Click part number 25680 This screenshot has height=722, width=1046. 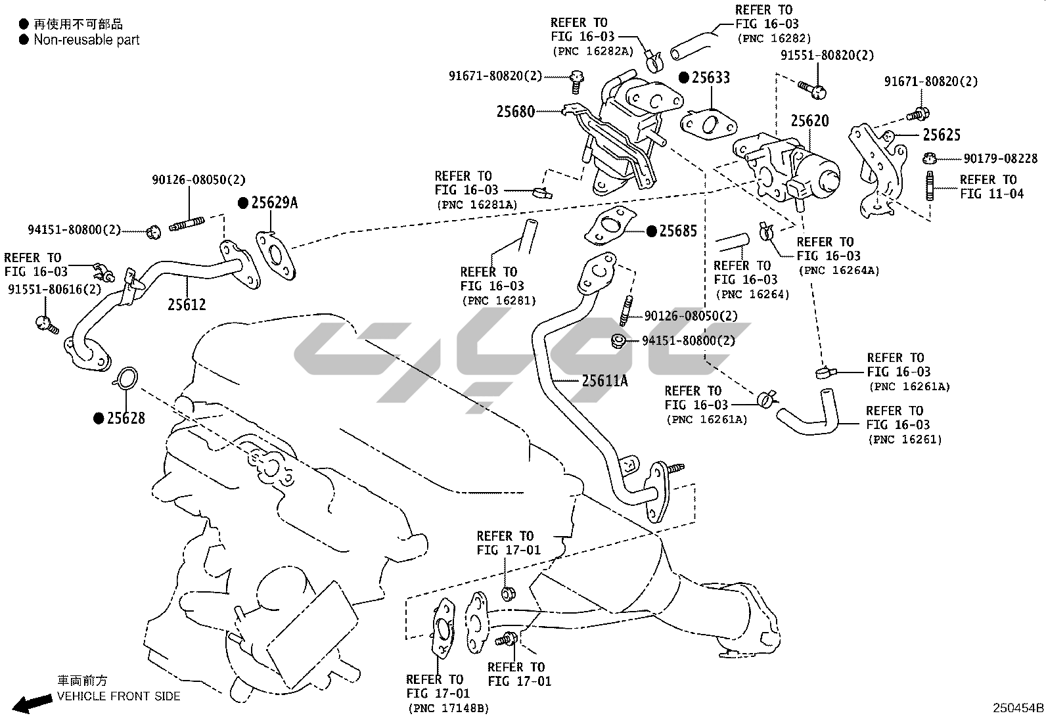click(x=515, y=112)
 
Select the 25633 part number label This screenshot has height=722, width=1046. click(x=710, y=78)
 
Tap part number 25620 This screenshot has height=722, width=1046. click(x=809, y=121)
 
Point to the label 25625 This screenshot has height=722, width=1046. click(x=942, y=135)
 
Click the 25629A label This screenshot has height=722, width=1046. click(x=274, y=203)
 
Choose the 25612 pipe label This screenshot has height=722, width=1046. click(x=187, y=305)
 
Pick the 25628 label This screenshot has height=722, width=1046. click(x=126, y=418)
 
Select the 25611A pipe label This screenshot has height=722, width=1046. click(x=604, y=380)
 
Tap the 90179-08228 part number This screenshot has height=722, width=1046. click(x=1001, y=158)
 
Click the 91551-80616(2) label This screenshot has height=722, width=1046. click(x=55, y=290)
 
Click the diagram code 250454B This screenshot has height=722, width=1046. click(x=1017, y=708)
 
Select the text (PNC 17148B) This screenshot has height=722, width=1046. click(x=449, y=708)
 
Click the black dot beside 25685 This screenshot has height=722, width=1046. click(x=652, y=231)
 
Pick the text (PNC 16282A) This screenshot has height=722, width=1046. click(x=591, y=51)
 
